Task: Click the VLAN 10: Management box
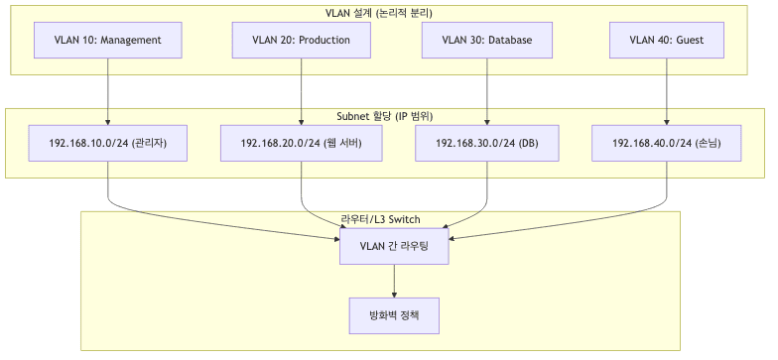(x=108, y=41)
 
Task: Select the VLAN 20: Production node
(x=301, y=41)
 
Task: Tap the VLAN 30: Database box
(x=486, y=41)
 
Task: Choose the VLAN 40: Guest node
(x=666, y=41)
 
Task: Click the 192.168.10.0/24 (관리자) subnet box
(x=108, y=143)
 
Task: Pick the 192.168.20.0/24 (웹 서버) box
(x=301, y=143)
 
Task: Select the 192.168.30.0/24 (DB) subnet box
(x=486, y=143)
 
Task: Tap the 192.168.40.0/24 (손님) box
(x=666, y=143)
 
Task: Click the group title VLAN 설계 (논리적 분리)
(x=386, y=12)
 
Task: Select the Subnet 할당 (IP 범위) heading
(x=386, y=115)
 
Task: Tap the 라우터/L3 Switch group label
(x=380, y=217)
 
